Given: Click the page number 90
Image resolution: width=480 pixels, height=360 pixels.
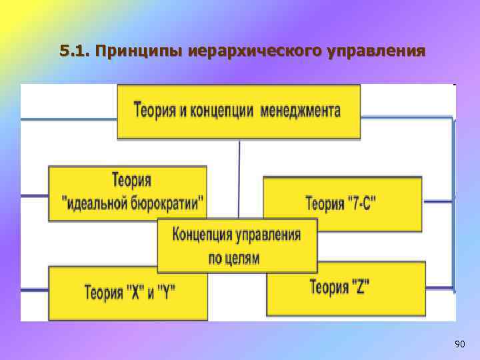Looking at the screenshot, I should tap(459, 344).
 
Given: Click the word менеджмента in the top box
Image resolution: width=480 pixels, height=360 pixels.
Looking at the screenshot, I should tap(301, 111).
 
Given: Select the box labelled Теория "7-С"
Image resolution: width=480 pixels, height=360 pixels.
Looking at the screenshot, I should tap(342, 203).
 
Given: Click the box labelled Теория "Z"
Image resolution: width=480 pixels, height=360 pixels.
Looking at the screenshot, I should tap(345, 288).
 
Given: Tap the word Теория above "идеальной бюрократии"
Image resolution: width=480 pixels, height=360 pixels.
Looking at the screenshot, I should tap(131, 181).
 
